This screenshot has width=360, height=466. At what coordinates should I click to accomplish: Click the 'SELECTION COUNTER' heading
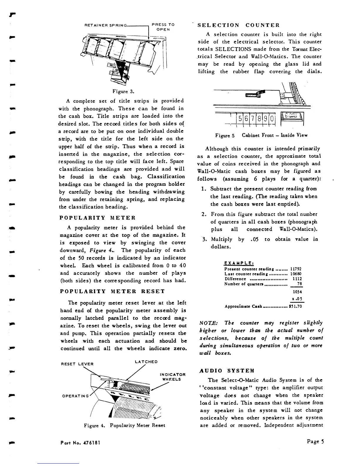pyautogui.click(x=239, y=25)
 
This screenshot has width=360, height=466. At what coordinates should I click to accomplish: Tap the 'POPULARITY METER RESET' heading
pyautogui.click(x=112, y=292)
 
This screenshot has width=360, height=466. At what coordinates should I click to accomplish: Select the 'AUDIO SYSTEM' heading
pyautogui.click(x=226, y=371)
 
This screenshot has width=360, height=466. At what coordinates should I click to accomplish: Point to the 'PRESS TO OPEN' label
pyautogui.click(x=163, y=27)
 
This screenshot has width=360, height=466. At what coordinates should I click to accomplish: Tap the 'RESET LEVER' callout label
pyautogui.click(x=77, y=364)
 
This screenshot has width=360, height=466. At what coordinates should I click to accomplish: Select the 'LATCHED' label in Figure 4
pyautogui.click(x=146, y=362)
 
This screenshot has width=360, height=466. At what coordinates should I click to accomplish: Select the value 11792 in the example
pyautogui.click(x=296, y=269)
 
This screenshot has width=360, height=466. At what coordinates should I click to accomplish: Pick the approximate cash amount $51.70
pyautogui.click(x=295, y=306)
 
